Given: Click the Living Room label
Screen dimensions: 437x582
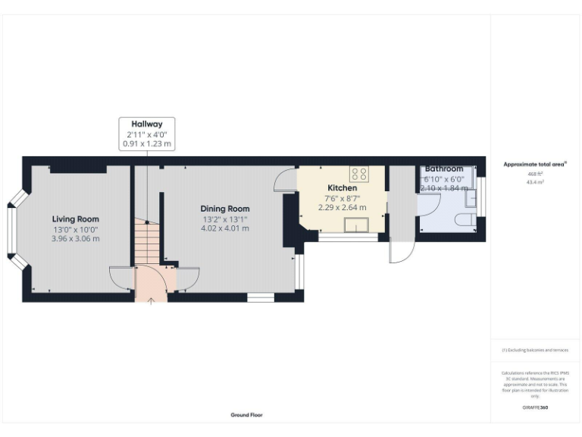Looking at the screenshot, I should pyautogui.click(x=76, y=219).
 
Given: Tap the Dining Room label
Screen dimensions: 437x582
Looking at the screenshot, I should pyautogui.click(x=225, y=209).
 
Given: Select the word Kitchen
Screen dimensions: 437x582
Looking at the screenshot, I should pyautogui.click(x=342, y=187).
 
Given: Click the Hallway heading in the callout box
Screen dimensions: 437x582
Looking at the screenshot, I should pyautogui.click(x=147, y=124).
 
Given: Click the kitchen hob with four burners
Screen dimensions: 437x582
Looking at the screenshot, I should pyautogui.click(x=359, y=174).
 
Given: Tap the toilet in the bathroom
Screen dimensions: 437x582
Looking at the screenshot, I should pyautogui.click(x=464, y=220).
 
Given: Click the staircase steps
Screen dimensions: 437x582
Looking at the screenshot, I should pyautogui.click(x=148, y=243).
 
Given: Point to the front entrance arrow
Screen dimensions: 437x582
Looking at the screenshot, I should pyautogui.click(x=151, y=300).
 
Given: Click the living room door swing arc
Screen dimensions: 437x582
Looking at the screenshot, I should pyautogui.click(x=121, y=278).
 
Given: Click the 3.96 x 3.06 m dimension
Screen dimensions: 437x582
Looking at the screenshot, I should pyautogui.click(x=76, y=239).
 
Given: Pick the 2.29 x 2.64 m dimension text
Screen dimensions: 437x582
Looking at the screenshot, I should pyautogui.click(x=342, y=207).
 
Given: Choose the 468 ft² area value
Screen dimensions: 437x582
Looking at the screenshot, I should pyautogui.click(x=536, y=174).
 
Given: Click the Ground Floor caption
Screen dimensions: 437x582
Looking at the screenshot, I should pyautogui.click(x=247, y=415).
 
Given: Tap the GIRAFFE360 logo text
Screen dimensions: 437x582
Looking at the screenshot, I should pyautogui.click(x=535, y=407).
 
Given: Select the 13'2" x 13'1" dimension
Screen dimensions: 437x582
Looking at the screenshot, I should pyautogui.click(x=225, y=218).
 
